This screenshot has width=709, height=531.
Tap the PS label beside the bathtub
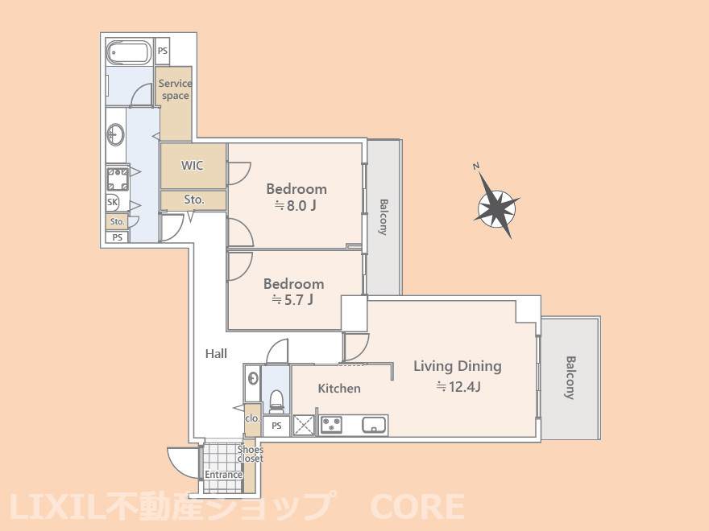pyautogui.click(x=163, y=51)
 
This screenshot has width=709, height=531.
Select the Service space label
pyautogui.click(x=175, y=89)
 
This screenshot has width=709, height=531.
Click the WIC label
pyautogui.click(x=192, y=166)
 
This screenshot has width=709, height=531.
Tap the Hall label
pyautogui.click(x=216, y=353)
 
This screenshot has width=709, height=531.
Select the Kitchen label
pyautogui.click(x=339, y=389)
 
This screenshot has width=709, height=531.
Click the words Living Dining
pyautogui.click(x=457, y=366)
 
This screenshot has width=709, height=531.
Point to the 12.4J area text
pyautogui.click(x=458, y=387)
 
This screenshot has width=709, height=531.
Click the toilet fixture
pyautogui.click(x=276, y=399)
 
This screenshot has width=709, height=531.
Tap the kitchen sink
pyautogui.click(x=375, y=425)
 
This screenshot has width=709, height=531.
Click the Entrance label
pyautogui.click(x=223, y=475)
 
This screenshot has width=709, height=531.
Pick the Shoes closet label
pyautogui.click(x=251, y=454)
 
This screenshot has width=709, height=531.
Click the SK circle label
pyautogui.click(x=113, y=203)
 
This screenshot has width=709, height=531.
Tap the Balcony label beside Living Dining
pyautogui.click(x=570, y=378)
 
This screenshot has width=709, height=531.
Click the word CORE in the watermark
pyautogui.click(x=417, y=507)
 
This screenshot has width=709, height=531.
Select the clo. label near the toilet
pyautogui.click(x=252, y=418)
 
